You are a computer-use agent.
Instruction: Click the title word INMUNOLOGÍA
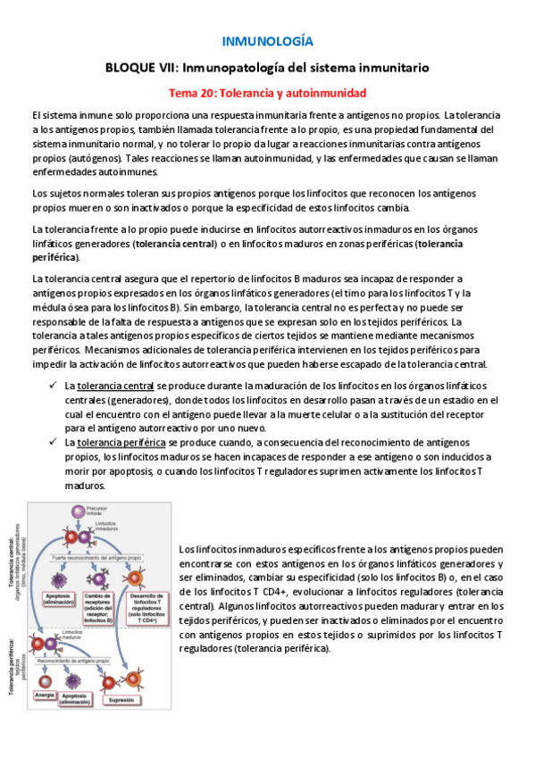point(267,41)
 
